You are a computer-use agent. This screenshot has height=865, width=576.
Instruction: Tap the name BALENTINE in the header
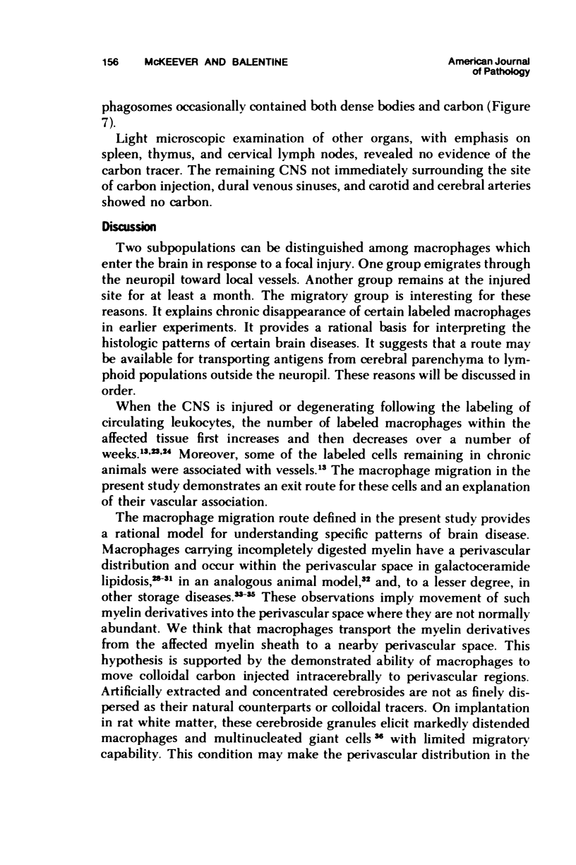point(256,62)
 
